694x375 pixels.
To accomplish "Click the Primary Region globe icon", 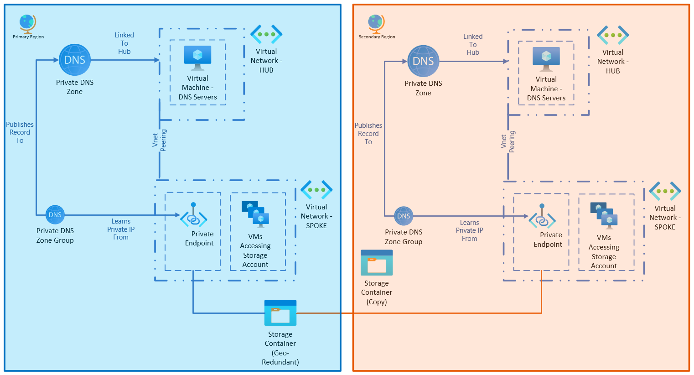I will click(x=27, y=23).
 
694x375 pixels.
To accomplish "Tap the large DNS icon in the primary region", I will click(x=75, y=60).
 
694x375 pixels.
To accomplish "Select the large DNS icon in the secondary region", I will click(x=423, y=61).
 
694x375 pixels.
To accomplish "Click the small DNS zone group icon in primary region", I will click(x=55, y=214).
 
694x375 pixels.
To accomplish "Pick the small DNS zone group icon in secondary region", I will click(x=404, y=216).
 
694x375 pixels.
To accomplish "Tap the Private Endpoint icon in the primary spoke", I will click(x=194, y=216).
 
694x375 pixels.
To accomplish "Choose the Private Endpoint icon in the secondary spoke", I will click(x=542, y=217).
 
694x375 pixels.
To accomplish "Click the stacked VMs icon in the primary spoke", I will click(x=255, y=214).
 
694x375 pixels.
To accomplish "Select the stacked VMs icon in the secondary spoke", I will click(x=604, y=215).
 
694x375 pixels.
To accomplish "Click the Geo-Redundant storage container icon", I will click(x=280, y=313).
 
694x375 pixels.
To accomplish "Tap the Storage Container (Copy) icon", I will click(x=377, y=263).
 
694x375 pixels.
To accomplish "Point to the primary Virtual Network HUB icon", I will click(x=266, y=34).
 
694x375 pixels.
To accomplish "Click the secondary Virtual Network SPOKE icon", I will click(x=665, y=191).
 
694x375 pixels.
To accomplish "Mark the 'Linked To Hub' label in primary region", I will click(x=124, y=43).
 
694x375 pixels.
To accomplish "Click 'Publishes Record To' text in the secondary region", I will click(x=368, y=134).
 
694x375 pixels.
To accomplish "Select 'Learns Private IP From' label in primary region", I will click(x=121, y=229).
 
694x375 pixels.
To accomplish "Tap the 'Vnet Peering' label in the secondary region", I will click(x=508, y=141).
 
